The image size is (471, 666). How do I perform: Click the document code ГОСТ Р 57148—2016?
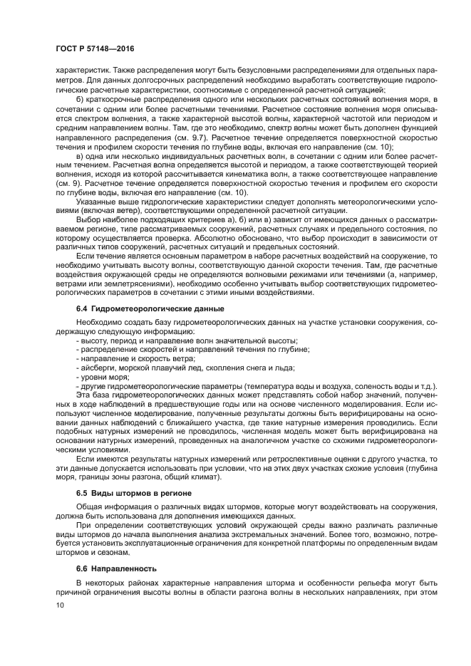tap(94, 48)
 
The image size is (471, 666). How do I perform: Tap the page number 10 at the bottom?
tap(59, 604)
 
